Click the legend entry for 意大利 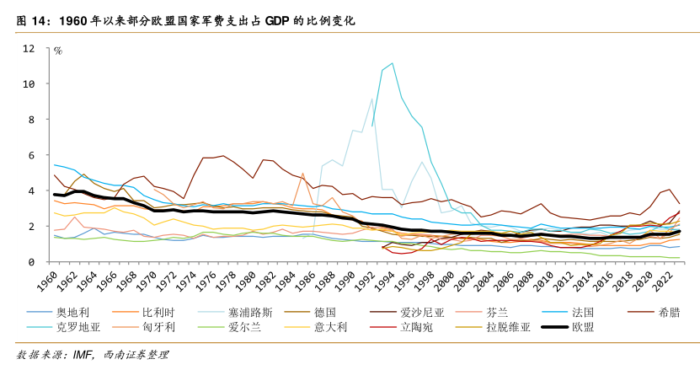pyautogui.click(x=330, y=328)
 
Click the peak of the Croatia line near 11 pyautogui.click(x=392, y=63)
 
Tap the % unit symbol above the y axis pyautogui.click(x=58, y=51)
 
